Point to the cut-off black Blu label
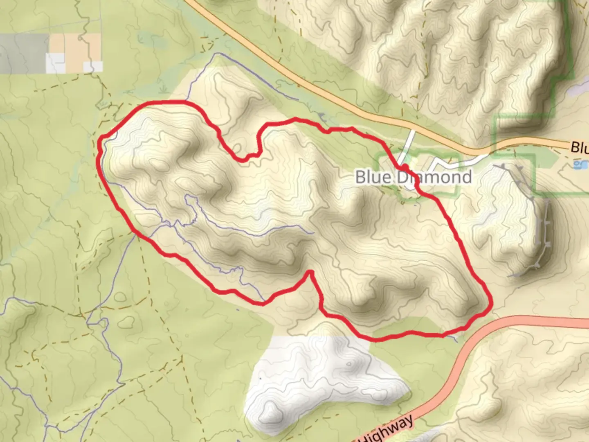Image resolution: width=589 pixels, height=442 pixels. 580,147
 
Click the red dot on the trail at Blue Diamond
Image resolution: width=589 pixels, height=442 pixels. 405,167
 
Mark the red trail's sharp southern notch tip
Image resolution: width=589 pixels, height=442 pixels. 310,272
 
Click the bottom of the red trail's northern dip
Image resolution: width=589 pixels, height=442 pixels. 243,159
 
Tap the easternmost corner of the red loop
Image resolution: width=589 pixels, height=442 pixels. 491,303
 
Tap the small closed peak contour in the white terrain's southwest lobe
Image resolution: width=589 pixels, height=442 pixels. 270,409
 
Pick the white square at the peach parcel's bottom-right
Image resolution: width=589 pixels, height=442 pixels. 93,67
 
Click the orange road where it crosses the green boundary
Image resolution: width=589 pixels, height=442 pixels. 495,144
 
